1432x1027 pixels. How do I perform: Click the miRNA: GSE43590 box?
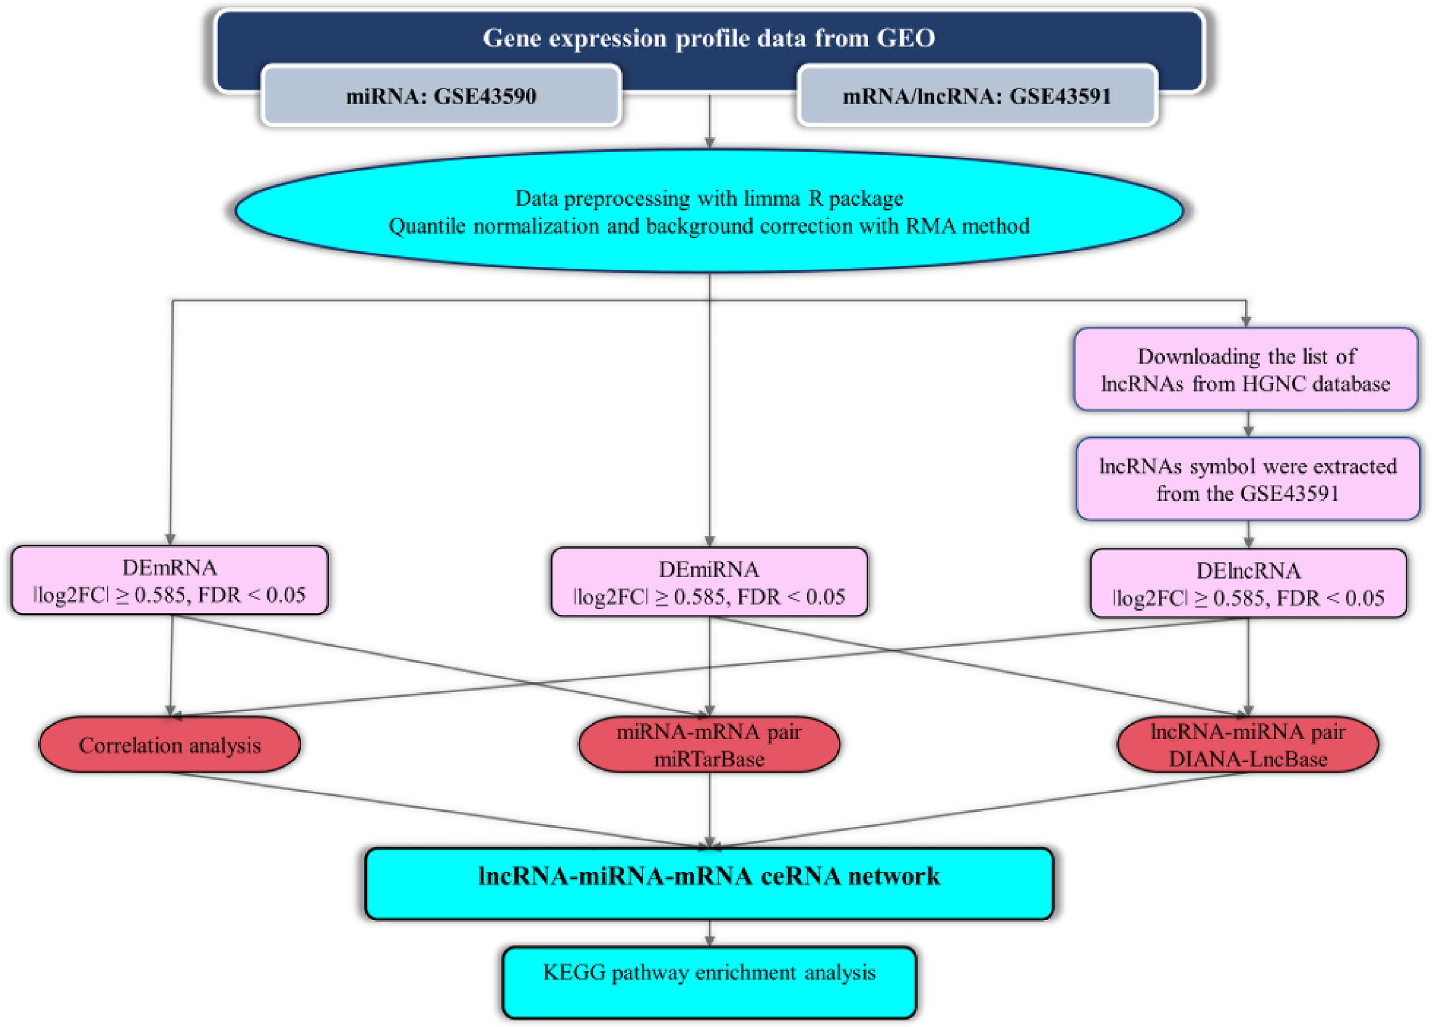[440, 96]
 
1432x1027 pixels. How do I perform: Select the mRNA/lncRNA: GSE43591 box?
[977, 96]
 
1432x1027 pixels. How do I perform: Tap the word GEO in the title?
[906, 38]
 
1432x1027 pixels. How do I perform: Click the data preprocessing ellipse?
[709, 211]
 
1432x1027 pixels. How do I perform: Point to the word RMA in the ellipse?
[930, 226]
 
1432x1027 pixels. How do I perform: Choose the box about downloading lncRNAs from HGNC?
[1245, 370]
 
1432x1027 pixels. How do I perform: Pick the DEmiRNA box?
[709, 583]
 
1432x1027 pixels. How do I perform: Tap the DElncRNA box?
[1248, 584]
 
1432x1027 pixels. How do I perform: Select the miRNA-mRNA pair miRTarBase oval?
[709, 745]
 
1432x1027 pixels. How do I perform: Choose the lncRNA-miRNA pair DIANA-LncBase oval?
[1248, 745]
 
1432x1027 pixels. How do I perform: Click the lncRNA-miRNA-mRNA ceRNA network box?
[709, 883]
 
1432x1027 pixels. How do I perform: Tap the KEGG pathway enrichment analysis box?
[709, 982]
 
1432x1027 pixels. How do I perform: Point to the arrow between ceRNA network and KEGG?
[709, 934]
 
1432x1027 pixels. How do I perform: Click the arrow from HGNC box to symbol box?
[1248, 425]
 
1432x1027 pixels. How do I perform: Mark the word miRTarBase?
[709, 759]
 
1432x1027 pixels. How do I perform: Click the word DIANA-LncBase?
[1248, 759]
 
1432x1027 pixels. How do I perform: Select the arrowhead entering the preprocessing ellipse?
[709, 143]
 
